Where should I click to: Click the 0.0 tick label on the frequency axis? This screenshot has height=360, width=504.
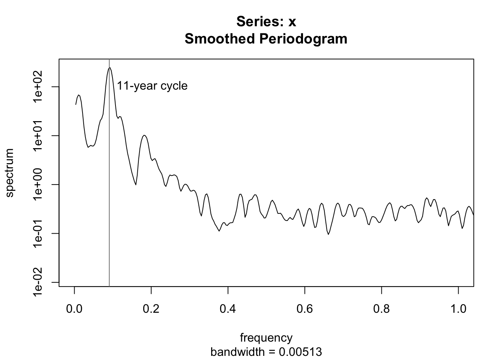[74, 309]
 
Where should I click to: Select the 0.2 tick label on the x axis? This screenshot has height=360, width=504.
[151, 309]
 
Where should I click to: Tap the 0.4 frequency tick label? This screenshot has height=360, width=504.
[228, 309]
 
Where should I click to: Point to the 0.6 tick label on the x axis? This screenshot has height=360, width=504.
[305, 309]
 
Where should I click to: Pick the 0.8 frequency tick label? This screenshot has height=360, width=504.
[381, 309]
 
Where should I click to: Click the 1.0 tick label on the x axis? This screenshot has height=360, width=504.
[458, 309]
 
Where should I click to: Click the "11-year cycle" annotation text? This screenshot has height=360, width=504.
[152, 86]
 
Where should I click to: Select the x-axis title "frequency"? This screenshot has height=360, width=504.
[266, 338]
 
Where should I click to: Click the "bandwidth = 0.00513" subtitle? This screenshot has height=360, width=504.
[266, 352]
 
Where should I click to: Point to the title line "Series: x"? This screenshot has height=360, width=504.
[266, 22]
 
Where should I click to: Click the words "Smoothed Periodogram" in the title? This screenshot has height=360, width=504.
[266, 39]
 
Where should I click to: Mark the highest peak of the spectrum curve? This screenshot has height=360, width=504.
[109, 68]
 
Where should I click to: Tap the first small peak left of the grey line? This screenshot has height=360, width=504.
[79, 95]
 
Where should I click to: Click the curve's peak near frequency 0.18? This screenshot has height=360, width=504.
[144, 135]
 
